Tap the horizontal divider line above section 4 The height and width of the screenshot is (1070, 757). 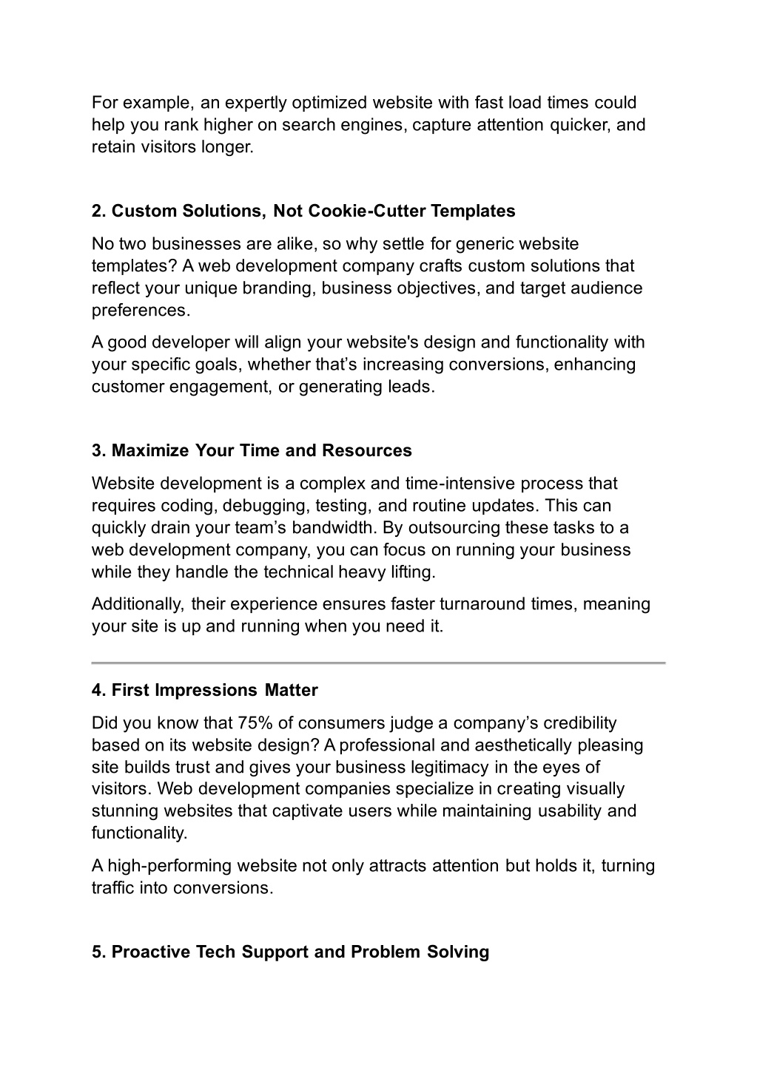(x=378, y=663)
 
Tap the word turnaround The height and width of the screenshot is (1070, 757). (x=483, y=604)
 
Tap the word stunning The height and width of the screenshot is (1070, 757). (x=121, y=811)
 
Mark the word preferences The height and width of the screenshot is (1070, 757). (x=141, y=311)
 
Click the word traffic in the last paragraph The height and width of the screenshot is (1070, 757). (x=112, y=888)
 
